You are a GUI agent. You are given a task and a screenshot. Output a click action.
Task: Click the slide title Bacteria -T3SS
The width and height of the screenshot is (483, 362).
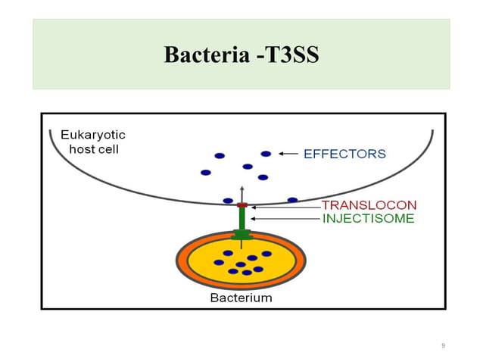[241, 55]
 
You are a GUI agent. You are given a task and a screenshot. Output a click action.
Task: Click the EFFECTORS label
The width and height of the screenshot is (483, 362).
[344, 154]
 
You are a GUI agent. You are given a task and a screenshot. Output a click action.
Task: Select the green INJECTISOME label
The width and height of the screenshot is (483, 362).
[368, 219]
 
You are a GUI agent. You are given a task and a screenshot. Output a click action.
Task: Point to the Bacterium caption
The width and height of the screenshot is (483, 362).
[240, 298]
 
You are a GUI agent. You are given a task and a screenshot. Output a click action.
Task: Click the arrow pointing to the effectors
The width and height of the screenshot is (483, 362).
[288, 154]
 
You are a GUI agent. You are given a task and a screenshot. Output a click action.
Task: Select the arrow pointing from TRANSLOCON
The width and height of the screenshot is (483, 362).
[285, 205]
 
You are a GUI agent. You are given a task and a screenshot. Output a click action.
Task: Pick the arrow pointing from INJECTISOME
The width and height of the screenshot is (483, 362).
[285, 219]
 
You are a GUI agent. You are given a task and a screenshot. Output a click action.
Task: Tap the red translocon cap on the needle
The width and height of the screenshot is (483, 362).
[242, 205]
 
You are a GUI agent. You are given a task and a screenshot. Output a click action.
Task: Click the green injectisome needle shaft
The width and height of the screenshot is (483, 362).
[242, 218]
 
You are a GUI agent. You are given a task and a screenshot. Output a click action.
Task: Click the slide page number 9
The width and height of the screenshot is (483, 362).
[443, 346]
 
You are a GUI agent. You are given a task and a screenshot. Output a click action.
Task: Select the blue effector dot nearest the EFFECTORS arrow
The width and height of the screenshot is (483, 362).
[266, 154]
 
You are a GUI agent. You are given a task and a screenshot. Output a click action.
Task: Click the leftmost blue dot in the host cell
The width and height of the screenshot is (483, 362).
[205, 172]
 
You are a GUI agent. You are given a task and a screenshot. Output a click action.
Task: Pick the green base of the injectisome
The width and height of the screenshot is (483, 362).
[242, 235]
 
